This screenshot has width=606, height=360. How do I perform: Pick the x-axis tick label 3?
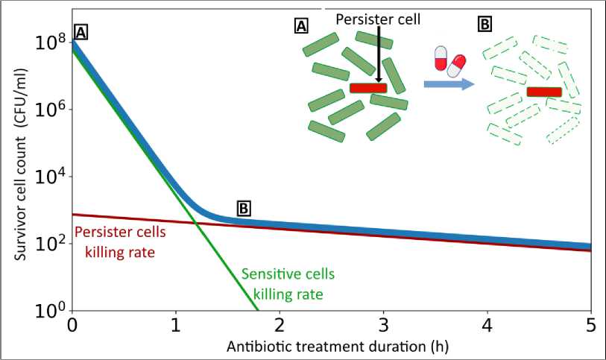pos(383,325)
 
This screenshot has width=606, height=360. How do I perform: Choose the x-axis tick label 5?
pos(590,325)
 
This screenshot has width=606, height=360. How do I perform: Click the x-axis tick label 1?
pos(176,325)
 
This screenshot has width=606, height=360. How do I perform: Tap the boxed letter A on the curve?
pos(82,32)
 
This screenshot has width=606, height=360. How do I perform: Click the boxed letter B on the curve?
pos(244,208)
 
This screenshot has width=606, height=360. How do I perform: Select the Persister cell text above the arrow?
pos(378,20)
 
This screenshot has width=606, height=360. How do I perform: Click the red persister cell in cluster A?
pos(368,88)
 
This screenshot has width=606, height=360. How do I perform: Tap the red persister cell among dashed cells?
pos(543,92)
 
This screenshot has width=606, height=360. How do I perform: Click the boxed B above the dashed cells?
pos(485,25)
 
